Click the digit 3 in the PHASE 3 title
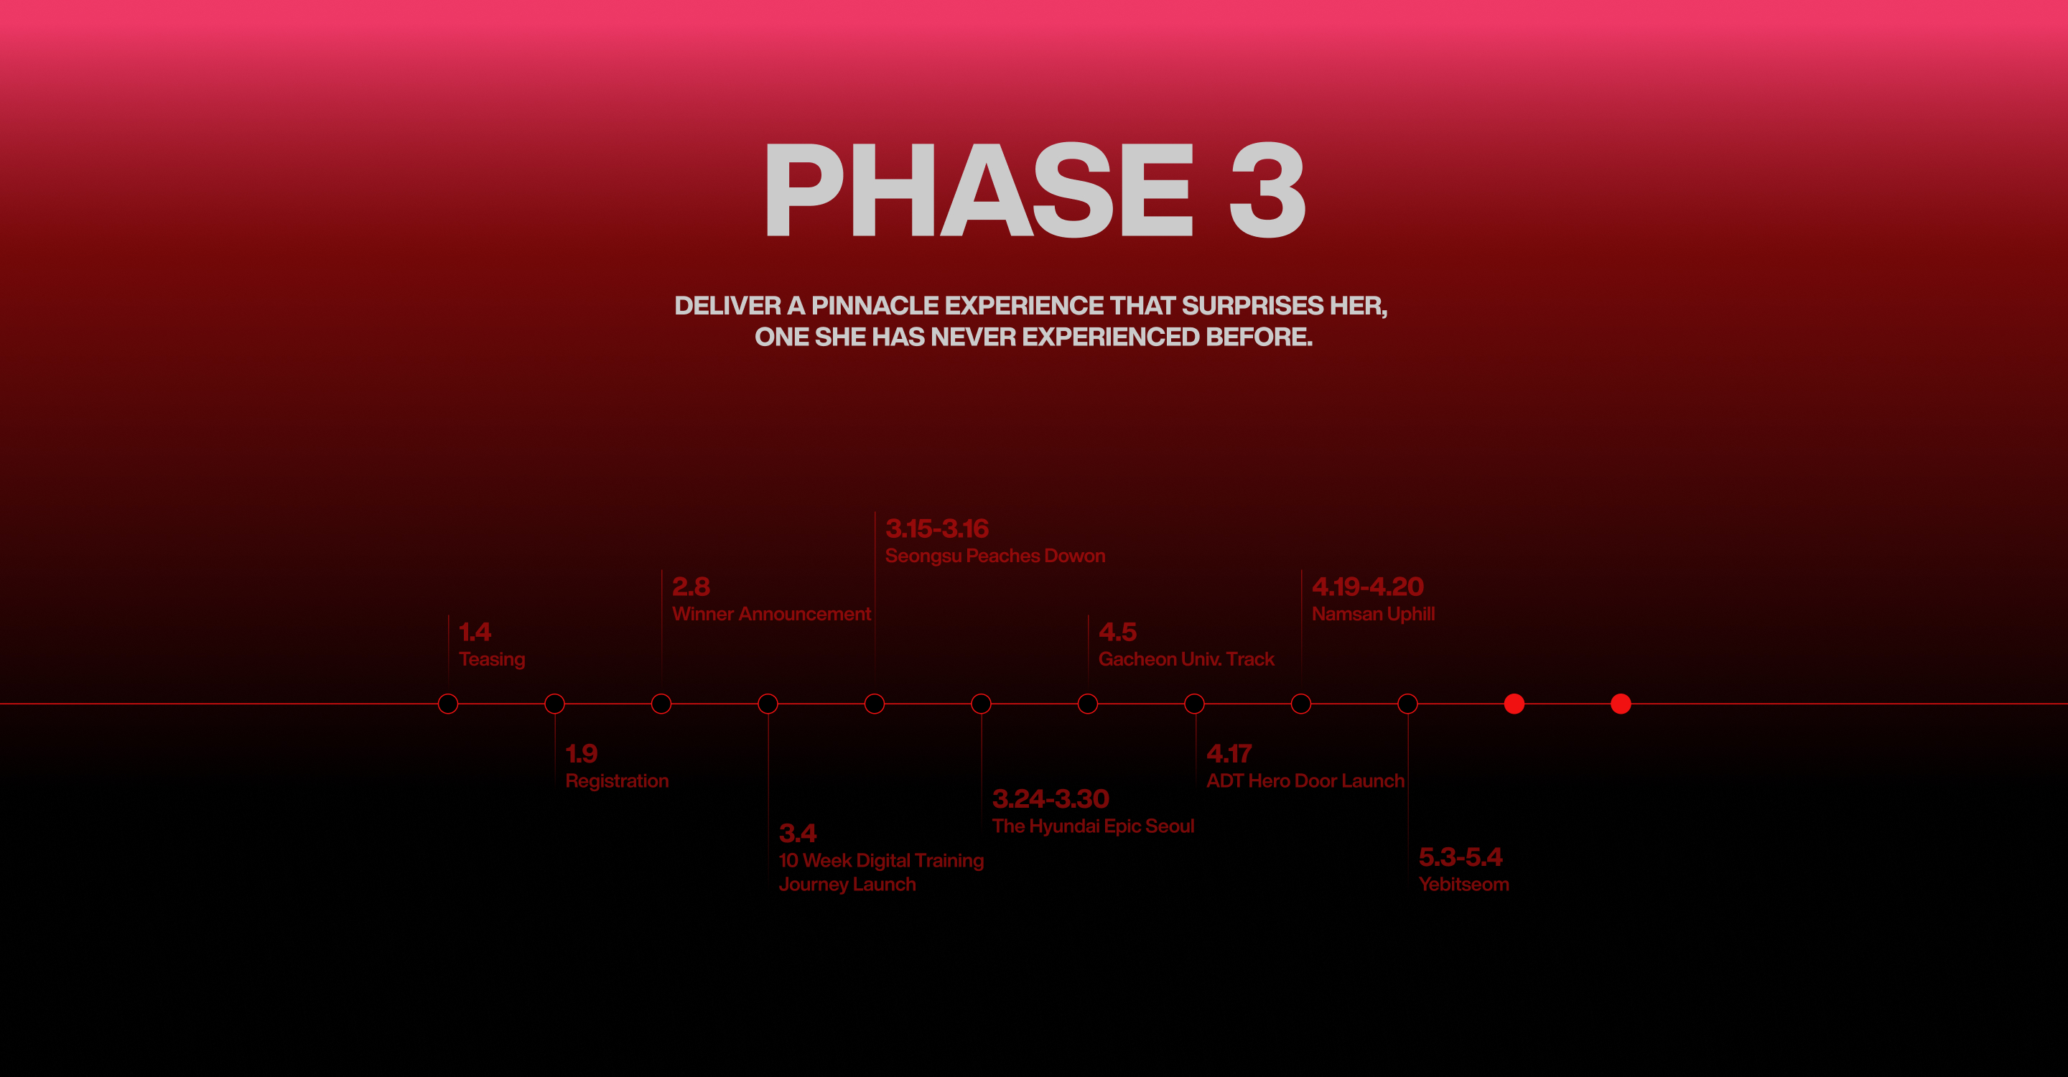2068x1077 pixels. click(x=1267, y=190)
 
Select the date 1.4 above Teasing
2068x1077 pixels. click(x=475, y=632)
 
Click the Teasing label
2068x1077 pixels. click(x=492, y=660)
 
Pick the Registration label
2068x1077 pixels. click(x=617, y=781)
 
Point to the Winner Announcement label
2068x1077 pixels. click(x=771, y=614)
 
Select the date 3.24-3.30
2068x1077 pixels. click(x=1050, y=798)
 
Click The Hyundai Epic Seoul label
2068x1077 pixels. click(x=1093, y=826)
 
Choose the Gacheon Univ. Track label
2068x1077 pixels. click(x=1186, y=659)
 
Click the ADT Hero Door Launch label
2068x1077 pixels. click(x=1305, y=781)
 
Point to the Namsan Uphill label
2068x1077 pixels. click(x=1373, y=614)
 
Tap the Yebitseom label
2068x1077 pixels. click(x=1463, y=885)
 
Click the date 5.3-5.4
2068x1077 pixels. click(x=1461, y=857)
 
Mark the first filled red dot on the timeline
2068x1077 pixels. click(x=1514, y=704)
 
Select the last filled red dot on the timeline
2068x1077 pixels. click(x=1621, y=704)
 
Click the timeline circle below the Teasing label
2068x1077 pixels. click(x=448, y=695)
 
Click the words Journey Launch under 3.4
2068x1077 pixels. click(x=847, y=885)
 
